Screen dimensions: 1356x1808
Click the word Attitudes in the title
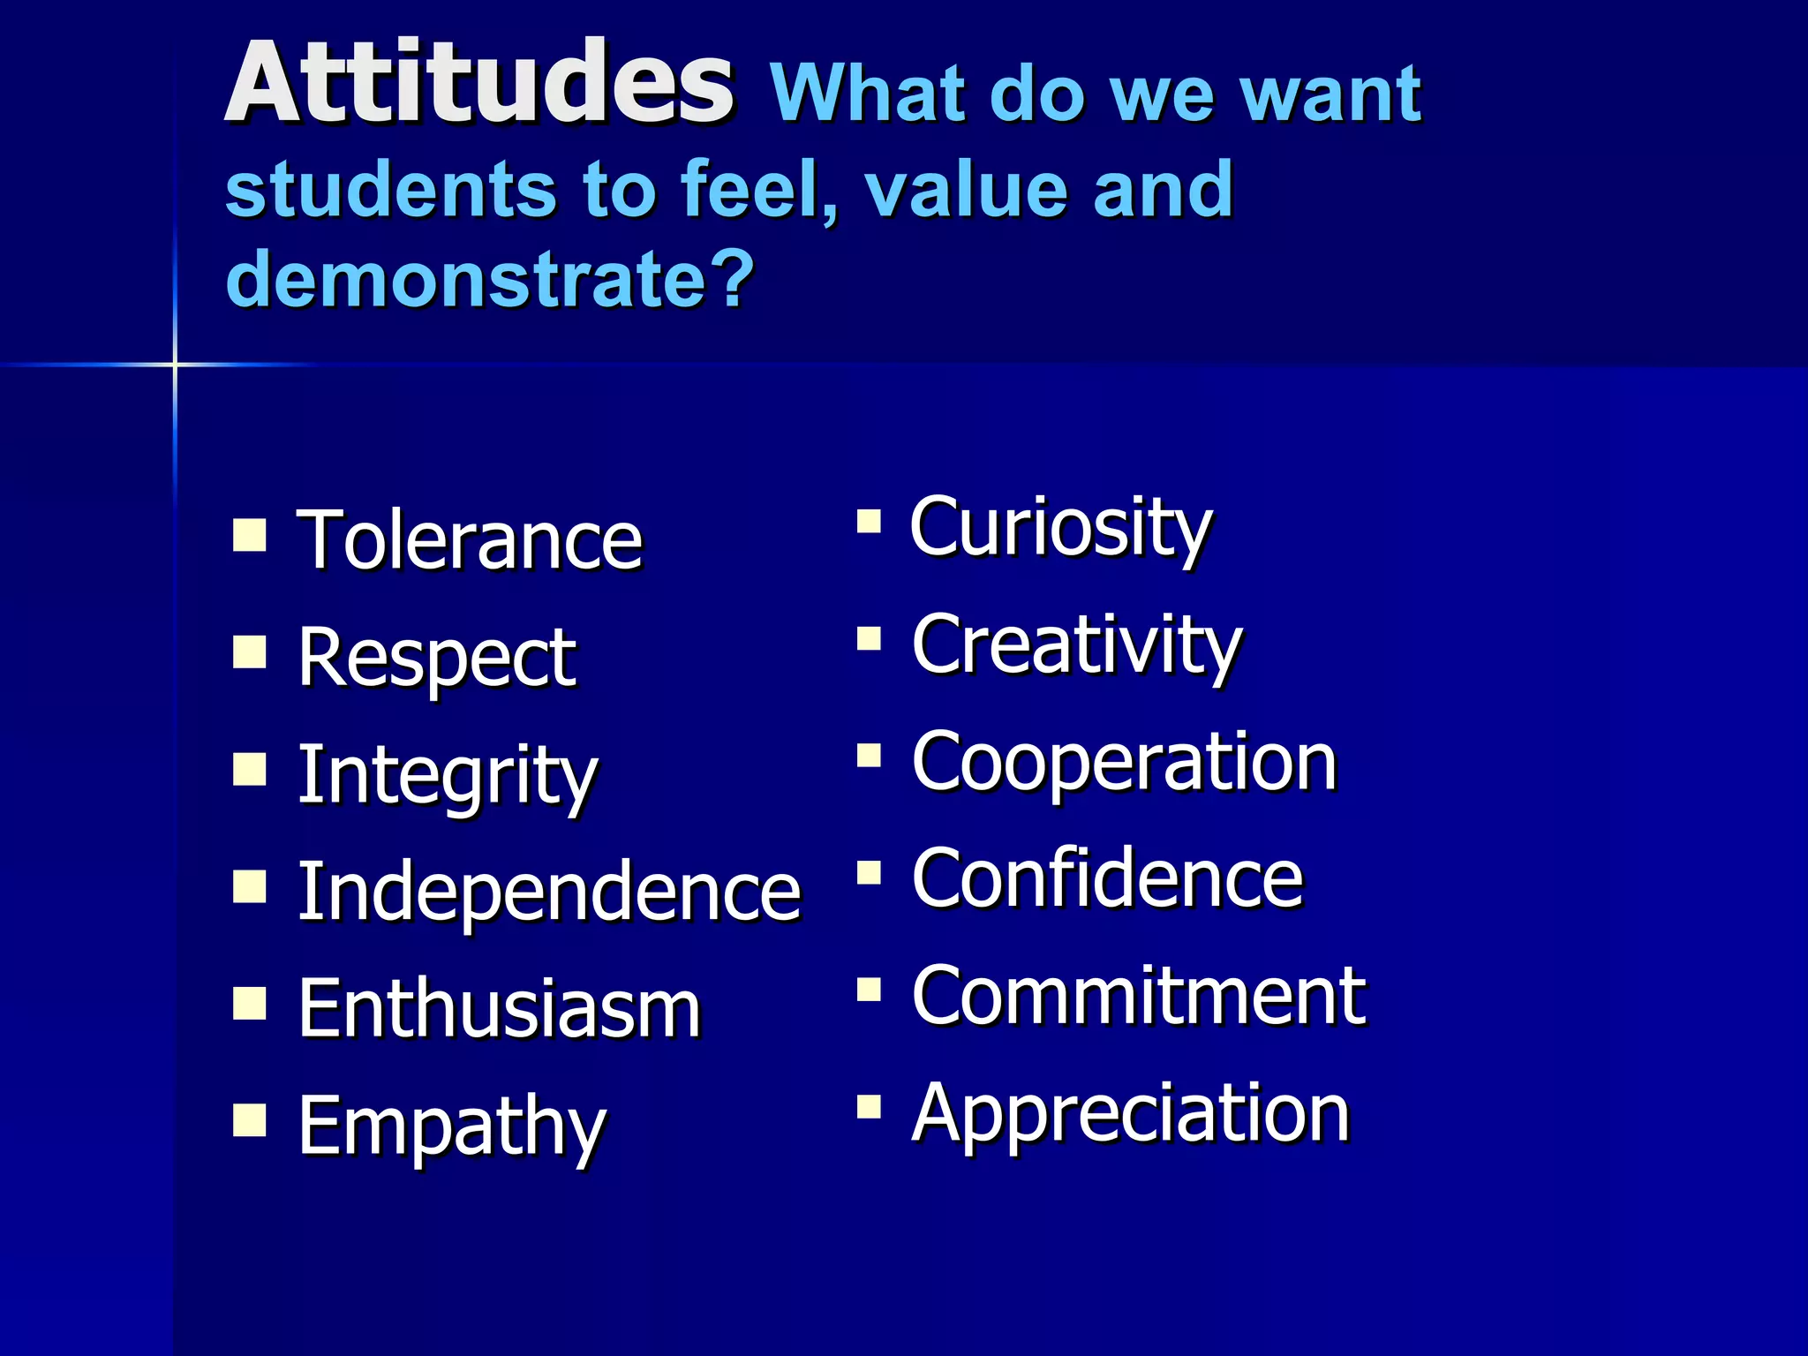pyautogui.click(x=478, y=84)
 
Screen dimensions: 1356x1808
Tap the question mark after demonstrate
pyautogui.click(x=732, y=278)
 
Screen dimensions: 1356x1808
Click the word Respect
pyautogui.click(x=437, y=658)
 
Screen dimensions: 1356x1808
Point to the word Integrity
pyautogui.click(x=448, y=775)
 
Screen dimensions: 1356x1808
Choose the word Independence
pyautogui.click(x=548, y=892)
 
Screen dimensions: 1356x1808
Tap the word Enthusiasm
pyautogui.click(x=499, y=1009)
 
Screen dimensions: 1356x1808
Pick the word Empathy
pyautogui.click(x=452, y=1126)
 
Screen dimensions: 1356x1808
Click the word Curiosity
pyautogui.click(x=1061, y=528)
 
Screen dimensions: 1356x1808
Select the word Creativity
pyautogui.click(x=1077, y=645)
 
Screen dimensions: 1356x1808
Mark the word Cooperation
pyautogui.click(x=1124, y=762)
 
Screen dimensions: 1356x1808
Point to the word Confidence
pyautogui.click(x=1107, y=878)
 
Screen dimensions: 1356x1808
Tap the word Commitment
pyautogui.click(x=1139, y=996)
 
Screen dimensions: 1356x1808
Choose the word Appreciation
pyautogui.click(x=1130, y=1113)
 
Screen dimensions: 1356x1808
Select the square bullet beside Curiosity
pyautogui.click(x=869, y=521)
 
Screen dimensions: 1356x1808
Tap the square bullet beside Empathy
pyautogui.click(x=250, y=1119)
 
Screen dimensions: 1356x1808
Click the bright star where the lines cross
pyautogui.click(x=175, y=364)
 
